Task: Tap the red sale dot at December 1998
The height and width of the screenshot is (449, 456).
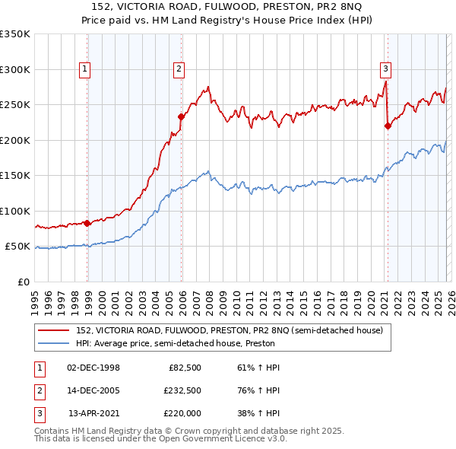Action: click(87, 223)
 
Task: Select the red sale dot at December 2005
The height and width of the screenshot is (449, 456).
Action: click(182, 116)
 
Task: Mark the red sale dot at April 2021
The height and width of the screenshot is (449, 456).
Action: click(388, 126)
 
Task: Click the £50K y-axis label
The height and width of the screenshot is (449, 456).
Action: click(17, 247)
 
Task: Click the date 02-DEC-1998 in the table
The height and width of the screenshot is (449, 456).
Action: click(93, 368)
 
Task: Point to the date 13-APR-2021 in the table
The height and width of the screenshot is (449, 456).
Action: click(93, 413)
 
